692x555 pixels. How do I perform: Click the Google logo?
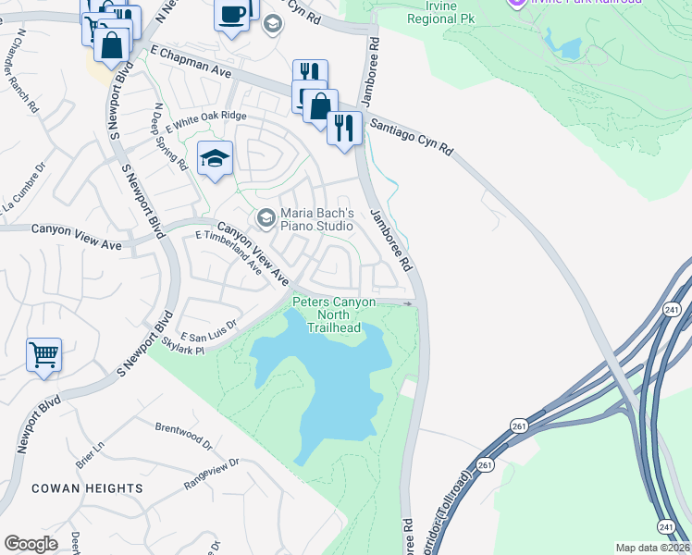pyautogui.click(x=31, y=544)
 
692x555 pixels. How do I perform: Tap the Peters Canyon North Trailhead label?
pyautogui.click(x=334, y=314)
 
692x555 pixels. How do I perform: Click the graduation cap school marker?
pyautogui.click(x=215, y=158)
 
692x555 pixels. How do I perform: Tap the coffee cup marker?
pyautogui.click(x=231, y=15)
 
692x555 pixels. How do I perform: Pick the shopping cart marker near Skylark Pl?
pyautogui.click(x=43, y=353)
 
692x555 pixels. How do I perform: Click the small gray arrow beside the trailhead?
pyautogui.click(x=408, y=302)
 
